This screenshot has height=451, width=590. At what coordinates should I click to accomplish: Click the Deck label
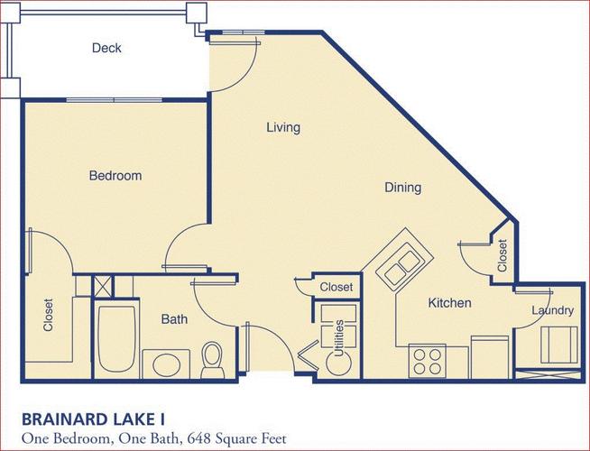click(106, 48)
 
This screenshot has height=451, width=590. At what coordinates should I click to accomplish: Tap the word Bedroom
click(115, 176)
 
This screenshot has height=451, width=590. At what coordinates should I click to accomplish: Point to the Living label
click(283, 127)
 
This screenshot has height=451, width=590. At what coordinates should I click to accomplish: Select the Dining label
click(402, 188)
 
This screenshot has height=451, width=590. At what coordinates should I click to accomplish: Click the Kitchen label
click(449, 303)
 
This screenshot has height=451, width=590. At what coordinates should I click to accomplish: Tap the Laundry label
click(553, 310)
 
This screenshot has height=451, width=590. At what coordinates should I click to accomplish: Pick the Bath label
click(174, 319)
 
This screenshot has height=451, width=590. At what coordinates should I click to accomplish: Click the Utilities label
click(339, 338)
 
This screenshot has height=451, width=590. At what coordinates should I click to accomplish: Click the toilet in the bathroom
click(212, 360)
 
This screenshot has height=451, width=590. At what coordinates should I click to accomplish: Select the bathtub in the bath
click(116, 338)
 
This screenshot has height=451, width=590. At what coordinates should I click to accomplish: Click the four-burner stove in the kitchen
click(427, 361)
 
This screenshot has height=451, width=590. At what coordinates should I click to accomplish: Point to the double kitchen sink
click(401, 263)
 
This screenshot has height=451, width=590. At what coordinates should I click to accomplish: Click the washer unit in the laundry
click(558, 345)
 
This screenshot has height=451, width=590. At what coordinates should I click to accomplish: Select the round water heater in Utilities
click(338, 363)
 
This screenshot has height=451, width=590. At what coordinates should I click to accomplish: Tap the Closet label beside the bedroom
click(48, 315)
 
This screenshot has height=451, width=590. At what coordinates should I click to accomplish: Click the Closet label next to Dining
click(502, 255)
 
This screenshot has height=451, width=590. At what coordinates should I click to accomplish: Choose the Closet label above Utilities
click(336, 287)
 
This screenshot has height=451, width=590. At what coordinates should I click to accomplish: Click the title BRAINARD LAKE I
click(93, 419)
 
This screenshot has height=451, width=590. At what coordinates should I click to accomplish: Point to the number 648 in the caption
click(199, 438)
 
